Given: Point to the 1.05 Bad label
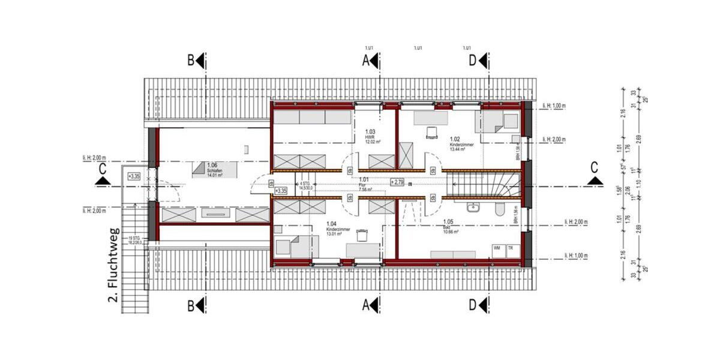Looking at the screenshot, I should tap(447, 229).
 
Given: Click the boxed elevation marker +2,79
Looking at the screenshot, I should tap(397, 181).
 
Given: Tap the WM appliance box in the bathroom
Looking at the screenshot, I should tap(497, 248).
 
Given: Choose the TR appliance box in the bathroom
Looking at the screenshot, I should tap(511, 248).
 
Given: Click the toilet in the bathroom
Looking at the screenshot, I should tap(499, 209).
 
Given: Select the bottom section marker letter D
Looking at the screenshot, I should tap(472, 305).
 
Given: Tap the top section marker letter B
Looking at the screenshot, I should tap(191, 60).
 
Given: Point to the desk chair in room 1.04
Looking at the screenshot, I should tap(361, 233).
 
